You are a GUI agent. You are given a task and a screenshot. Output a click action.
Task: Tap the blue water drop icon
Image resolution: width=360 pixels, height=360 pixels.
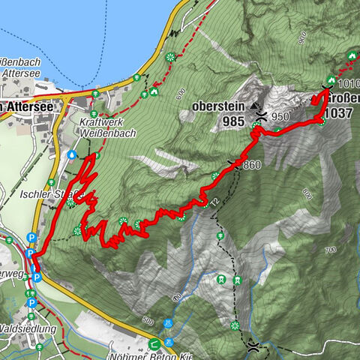coord(72,154)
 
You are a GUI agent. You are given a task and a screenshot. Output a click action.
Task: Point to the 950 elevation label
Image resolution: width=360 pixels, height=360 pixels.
coord(280,116)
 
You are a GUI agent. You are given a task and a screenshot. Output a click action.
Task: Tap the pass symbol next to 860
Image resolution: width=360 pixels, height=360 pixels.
coord(234,166)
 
